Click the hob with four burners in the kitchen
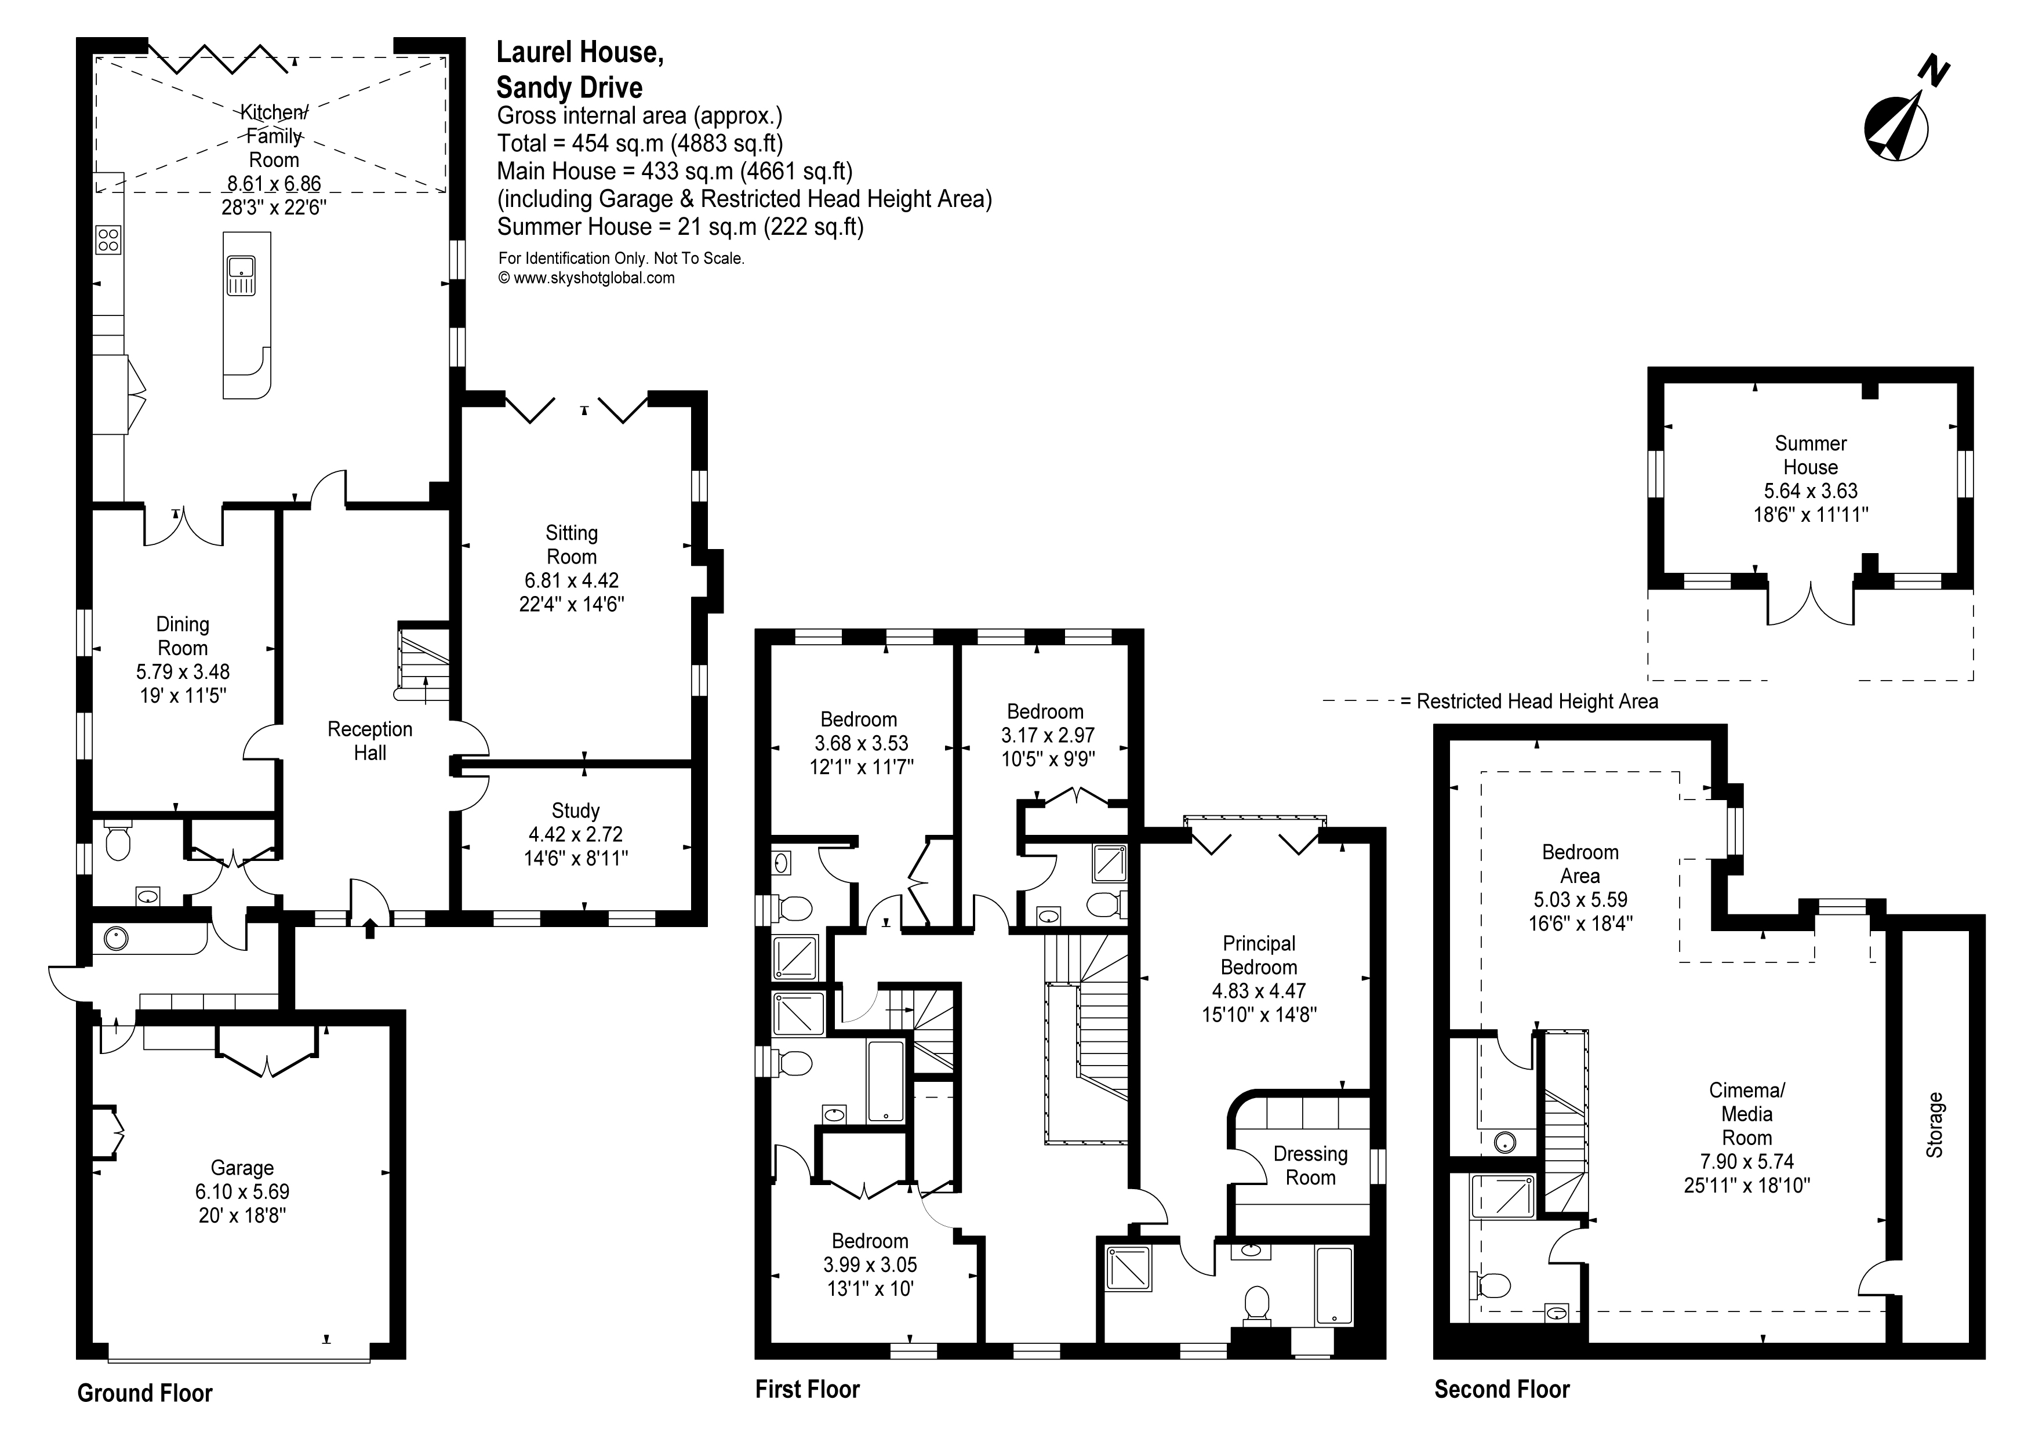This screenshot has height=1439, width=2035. [108, 239]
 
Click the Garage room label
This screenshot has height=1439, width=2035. [242, 1168]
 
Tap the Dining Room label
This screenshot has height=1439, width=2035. [183, 636]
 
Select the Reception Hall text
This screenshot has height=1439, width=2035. [369, 741]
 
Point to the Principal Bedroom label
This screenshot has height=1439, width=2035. [1259, 955]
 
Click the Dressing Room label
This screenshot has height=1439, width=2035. [1310, 1165]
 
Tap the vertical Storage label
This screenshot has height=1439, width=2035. [1934, 1125]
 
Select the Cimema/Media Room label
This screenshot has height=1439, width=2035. [1747, 1114]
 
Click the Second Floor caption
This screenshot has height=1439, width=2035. [1502, 1389]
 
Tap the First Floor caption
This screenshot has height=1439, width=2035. [806, 1389]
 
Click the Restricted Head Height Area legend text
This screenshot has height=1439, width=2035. [1537, 702]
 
